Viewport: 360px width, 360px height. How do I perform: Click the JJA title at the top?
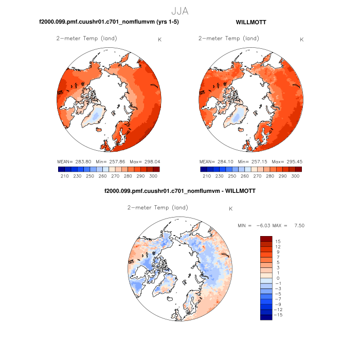click(x=181, y=10)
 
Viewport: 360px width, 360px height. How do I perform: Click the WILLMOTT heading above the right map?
click(x=250, y=22)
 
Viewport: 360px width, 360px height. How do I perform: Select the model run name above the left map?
click(x=109, y=22)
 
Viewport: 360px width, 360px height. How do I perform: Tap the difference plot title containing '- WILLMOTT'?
click(x=180, y=191)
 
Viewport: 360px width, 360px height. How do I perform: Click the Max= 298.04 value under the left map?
click(x=145, y=161)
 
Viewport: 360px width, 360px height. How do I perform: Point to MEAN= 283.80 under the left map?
click(x=74, y=161)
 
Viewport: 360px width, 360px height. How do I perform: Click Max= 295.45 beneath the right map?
click(x=287, y=161)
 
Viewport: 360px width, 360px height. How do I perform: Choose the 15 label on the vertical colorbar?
click(x=277, y=241)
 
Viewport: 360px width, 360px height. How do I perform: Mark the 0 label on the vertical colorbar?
click(x=276, y=278)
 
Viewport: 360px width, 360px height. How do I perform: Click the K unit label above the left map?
click(x=159, y=39)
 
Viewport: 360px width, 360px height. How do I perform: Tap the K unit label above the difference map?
click(x=231, y=209)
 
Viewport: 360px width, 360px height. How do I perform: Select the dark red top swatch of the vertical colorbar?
click(x=265, y=238)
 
